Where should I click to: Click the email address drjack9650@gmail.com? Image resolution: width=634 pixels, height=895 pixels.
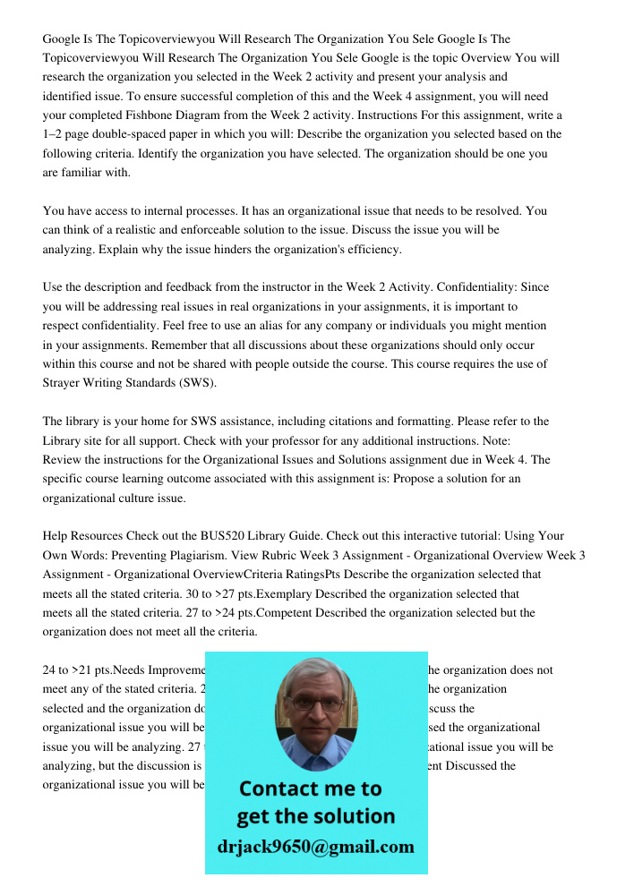tap(316, 847)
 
